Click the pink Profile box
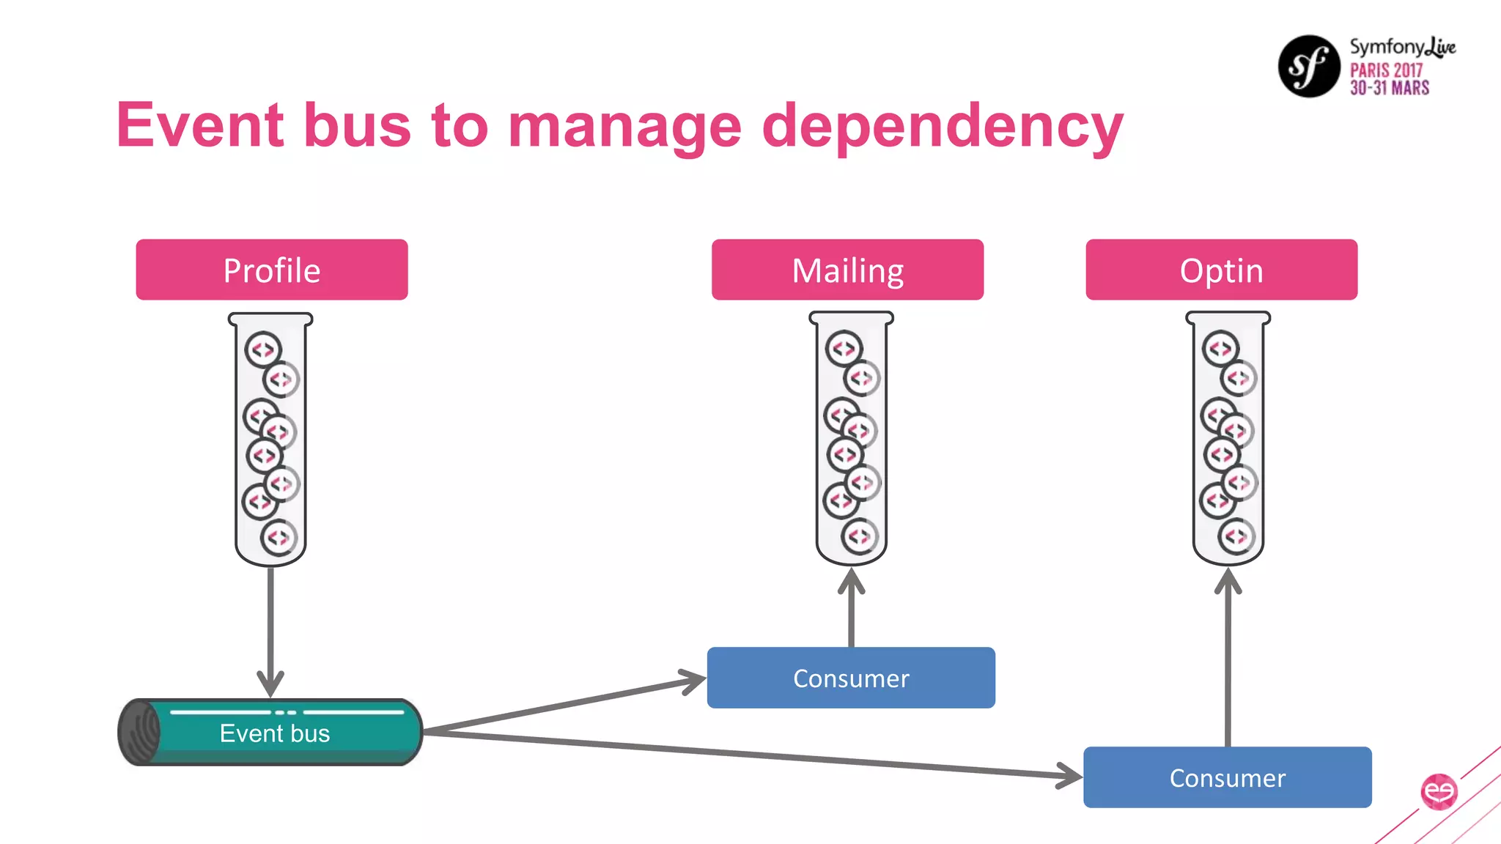(x=271, y=270)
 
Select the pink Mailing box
(x=847, y=270)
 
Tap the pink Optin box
(x=1221, y=270)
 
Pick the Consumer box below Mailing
(x=851, y=678)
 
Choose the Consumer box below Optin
(x=1227, y=777)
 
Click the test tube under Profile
(x=270, y=440)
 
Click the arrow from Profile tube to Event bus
(x=270, y=630)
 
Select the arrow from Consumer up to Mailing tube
(x=851, y=612)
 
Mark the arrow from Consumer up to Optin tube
(x=1228, y=659)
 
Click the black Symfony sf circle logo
(x=1309, y=66)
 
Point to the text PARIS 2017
(x=1386, y=70)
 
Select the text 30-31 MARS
(x=1390, y=88)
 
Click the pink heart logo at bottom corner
(x=1439, y=791)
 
